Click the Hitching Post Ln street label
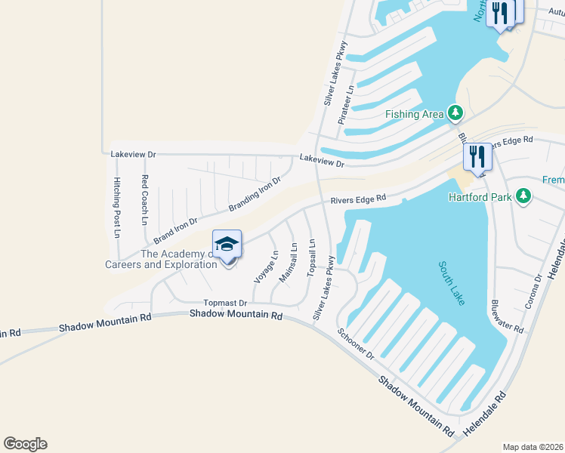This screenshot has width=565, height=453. [x=117, y=207]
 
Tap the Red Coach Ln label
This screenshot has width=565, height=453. [x=144, y=199]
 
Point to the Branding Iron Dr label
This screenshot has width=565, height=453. [x=255, y=195]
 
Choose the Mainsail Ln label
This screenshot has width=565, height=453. [x=288, y=262]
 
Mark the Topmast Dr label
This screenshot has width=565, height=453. [x=215, y=302]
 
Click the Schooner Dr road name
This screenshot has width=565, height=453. [x=356, y=344]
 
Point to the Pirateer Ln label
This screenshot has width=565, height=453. [x=347, y=104]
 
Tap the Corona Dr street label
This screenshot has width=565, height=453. [x=533, y=291]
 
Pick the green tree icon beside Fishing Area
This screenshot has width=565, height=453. [x=455, y=113]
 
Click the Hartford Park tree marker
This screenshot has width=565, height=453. [x=522, y=197]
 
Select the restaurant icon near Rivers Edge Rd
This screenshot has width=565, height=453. [x=477, y=156]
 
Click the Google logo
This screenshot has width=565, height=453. [x=25, y=443]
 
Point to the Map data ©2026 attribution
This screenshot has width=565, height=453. [x=533, y=446]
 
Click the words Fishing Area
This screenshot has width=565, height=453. [x=415, y=114]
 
